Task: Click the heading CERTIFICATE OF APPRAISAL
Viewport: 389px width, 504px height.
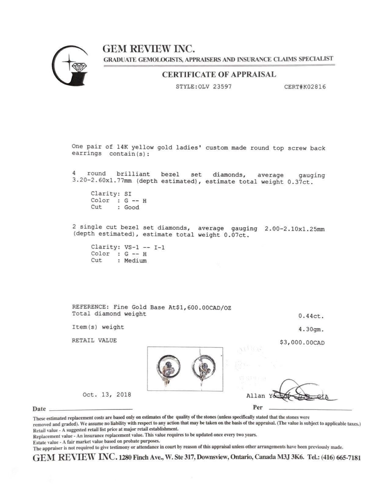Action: [x=219, y=75]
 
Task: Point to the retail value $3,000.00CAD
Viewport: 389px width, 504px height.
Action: [x=302, y=342]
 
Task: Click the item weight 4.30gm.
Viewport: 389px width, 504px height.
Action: [x=311, y=330]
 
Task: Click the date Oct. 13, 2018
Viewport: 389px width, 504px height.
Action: [x=107, y=395]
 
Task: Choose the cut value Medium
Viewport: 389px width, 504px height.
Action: [x=135, y=261]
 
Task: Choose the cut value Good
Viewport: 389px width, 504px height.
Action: [x=131, y=207]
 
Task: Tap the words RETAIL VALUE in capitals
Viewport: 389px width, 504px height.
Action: [x=94, y=340]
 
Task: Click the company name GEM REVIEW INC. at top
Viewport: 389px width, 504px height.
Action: [x=149, y=49]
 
